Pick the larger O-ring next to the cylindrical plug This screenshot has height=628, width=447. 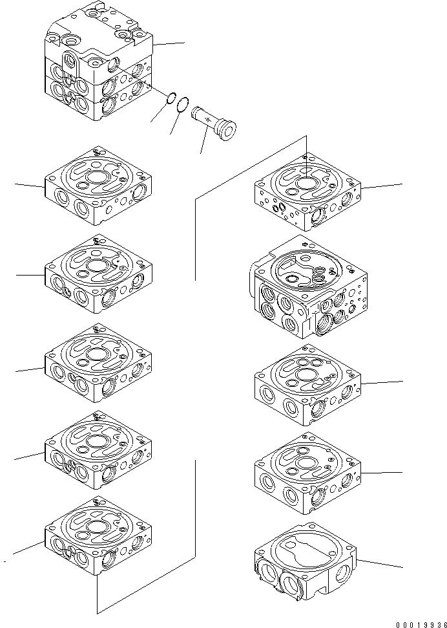pyautogui.click(x=183, y=104)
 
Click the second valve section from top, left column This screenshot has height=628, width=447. pyautogui.click(x=98, y=274)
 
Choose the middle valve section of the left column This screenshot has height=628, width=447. pyautogui.click(x=98, y=363)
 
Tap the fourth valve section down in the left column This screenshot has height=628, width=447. pyautogui.click(x=98, y=449)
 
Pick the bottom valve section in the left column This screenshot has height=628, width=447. pyautogui.click(x=98, y=536)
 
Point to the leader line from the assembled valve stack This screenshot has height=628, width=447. pyautogui.click(x=169, y=43)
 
